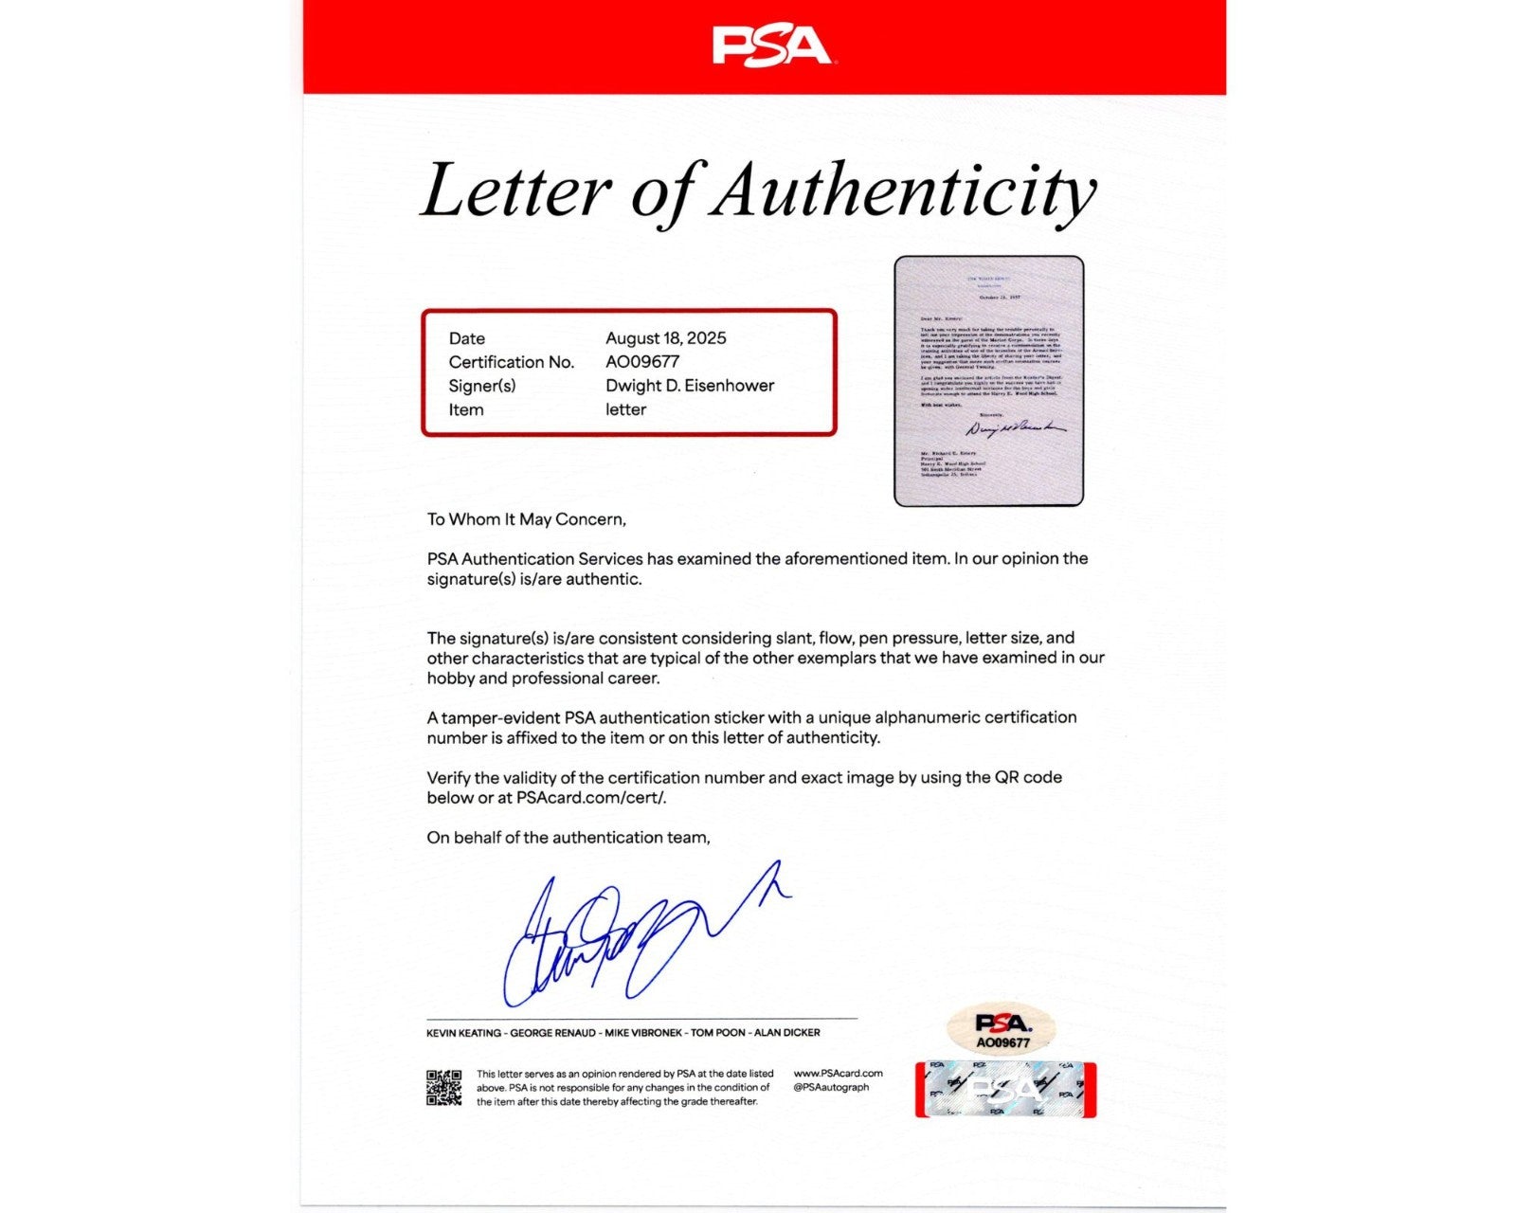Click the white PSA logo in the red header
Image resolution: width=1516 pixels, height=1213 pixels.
point(771,46)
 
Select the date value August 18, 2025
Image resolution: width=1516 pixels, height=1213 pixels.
point(666,338)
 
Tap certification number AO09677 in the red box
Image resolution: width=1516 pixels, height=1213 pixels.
point(642,362)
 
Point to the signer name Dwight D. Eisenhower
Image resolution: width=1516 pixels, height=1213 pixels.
point(690,386)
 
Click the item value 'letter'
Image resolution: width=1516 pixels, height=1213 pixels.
point(625,409)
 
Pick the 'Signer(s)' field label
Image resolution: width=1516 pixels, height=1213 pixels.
point(482,386)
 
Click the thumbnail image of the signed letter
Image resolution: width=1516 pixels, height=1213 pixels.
point(988,381)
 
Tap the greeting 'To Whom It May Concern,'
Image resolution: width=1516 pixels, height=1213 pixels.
point(526,519)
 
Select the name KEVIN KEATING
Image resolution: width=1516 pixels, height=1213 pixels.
point(463,1033)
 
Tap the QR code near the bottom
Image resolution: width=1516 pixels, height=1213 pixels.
point(443,1087)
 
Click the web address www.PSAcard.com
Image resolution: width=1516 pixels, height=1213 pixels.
point(838,1074)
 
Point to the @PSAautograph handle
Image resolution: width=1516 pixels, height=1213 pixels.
point(831,1088)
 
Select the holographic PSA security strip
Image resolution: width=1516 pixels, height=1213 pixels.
point(1005,1090)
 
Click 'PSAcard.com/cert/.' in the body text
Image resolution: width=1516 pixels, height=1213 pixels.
point(591,798)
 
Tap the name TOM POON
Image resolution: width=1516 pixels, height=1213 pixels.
point(717,1033)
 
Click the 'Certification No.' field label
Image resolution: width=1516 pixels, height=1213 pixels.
point(512,362)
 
